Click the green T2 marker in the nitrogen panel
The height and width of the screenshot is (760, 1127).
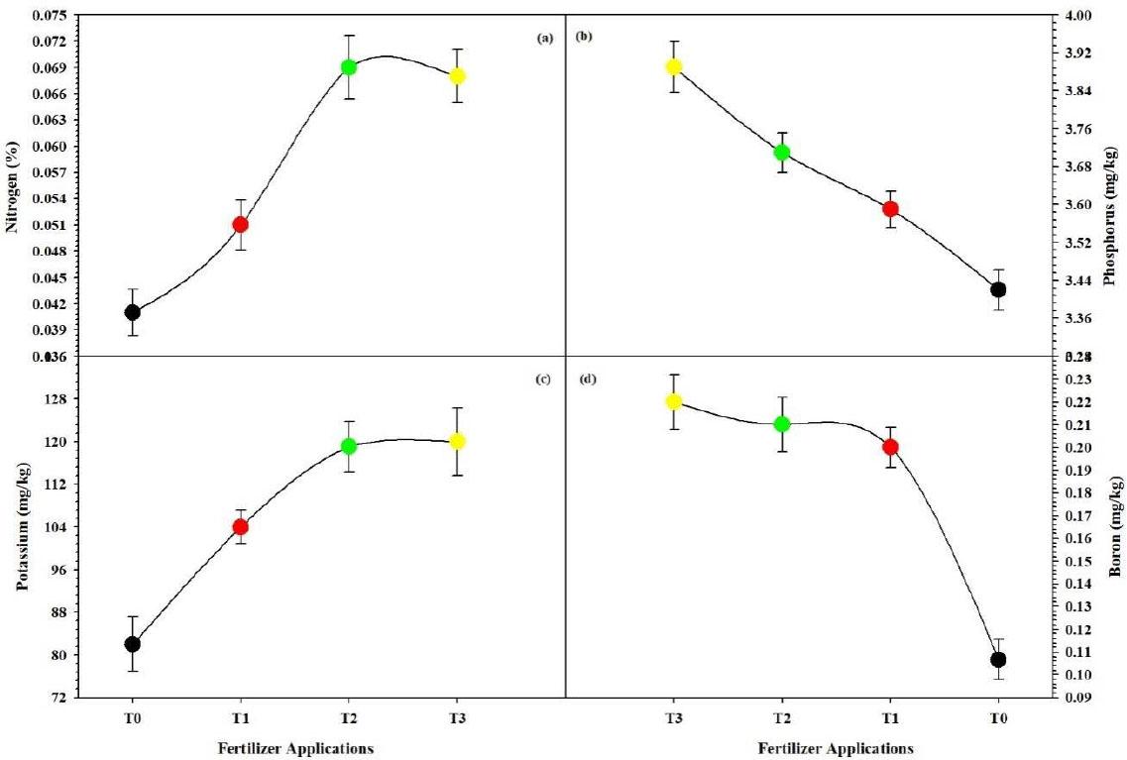349,67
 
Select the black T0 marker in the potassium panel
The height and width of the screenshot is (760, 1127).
132,644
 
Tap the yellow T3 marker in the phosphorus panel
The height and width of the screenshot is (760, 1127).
674,66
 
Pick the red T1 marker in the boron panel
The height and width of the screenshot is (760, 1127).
890,447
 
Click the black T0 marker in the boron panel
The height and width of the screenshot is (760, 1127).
998,660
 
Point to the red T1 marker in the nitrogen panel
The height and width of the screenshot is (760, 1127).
240,224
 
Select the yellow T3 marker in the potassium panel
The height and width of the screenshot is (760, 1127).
457,441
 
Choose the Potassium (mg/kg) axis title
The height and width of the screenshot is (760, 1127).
22,527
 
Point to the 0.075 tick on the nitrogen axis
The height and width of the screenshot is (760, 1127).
51,16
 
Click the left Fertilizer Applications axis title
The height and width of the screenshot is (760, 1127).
295,748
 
